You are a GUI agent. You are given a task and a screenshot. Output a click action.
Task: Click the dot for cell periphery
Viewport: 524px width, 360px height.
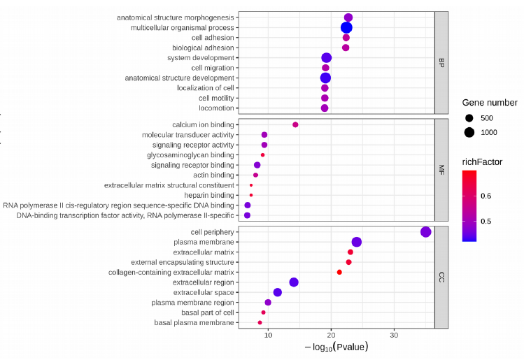pos(426,232)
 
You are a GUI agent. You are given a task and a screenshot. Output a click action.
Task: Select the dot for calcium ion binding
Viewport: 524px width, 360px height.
pos(295,124)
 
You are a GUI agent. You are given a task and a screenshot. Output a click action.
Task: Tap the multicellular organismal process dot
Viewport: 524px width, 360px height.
pos(346,27)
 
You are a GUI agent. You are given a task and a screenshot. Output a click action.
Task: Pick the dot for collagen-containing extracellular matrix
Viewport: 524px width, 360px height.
pos(339,272)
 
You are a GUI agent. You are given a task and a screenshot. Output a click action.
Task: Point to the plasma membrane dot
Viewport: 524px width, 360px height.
pos(357,242)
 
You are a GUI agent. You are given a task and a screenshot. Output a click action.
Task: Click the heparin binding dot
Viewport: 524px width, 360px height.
pos(251,195)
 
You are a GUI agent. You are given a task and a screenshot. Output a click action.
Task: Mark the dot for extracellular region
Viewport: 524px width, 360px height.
pos(294,282)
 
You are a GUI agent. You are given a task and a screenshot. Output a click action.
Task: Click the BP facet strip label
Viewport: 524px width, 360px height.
pos(441,62)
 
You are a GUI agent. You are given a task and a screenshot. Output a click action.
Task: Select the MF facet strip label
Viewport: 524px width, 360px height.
pos(441,170)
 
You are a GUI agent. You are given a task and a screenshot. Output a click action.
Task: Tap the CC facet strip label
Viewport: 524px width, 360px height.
pos(441,278)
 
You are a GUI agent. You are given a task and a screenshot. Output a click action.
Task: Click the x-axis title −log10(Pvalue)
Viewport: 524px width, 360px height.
pos(336,347)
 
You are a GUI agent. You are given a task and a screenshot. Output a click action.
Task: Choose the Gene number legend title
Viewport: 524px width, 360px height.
pos(490,103)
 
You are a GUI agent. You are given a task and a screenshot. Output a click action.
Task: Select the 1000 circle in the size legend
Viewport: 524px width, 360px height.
pos(469,132)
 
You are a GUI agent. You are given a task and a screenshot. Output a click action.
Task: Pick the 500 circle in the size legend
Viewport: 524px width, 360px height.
pos(469,117)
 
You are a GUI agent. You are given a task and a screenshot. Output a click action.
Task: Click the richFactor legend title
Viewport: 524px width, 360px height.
pos(482,161)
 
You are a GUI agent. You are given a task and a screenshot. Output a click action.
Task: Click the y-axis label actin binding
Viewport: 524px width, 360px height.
pos(213,175)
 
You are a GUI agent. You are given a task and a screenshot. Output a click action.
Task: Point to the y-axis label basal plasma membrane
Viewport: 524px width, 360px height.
pos(194,323)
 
